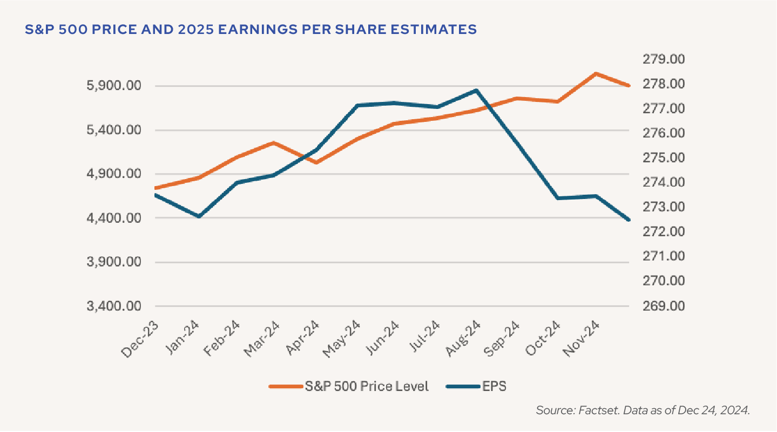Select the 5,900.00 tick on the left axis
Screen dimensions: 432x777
coord(111,86)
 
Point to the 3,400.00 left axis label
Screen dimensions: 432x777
coord(111,306)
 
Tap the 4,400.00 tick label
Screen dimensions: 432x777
coord(111,218)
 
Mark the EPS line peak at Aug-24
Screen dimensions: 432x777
coord(476,90)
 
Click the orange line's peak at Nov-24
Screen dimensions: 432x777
coord(596,73)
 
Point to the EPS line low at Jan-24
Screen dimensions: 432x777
coord(199,216)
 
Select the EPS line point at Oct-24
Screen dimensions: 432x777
coord(557,198)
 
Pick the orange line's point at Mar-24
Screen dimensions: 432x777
coord(274,143)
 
